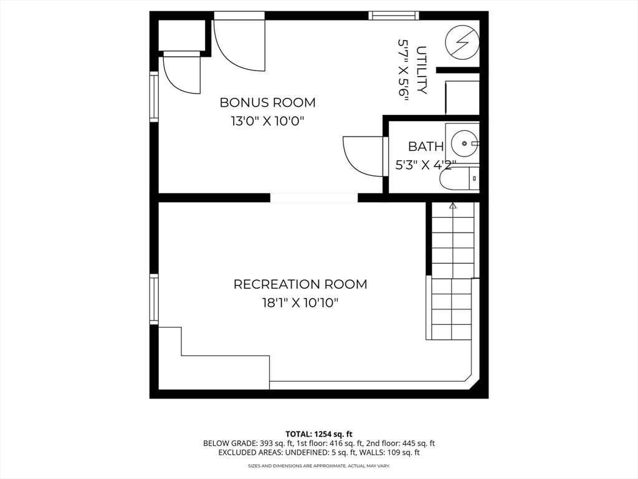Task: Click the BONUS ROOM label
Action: pos(267,102)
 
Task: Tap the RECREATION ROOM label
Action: pos(300,284)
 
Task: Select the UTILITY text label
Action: pos(422,70)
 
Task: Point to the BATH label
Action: pos(426,147)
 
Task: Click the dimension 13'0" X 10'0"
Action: pos(267,121)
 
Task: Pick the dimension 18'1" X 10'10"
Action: pos(300,303)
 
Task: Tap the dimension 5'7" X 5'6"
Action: pos(403,70)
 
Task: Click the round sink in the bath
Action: pos(464,143)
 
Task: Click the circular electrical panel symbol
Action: pos(462,42)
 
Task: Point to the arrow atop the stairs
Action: pos(453,205)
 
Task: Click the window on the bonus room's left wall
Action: pos(154,95)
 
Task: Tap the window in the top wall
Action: pos(393,16)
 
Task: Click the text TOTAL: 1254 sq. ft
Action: pos(319,433)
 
